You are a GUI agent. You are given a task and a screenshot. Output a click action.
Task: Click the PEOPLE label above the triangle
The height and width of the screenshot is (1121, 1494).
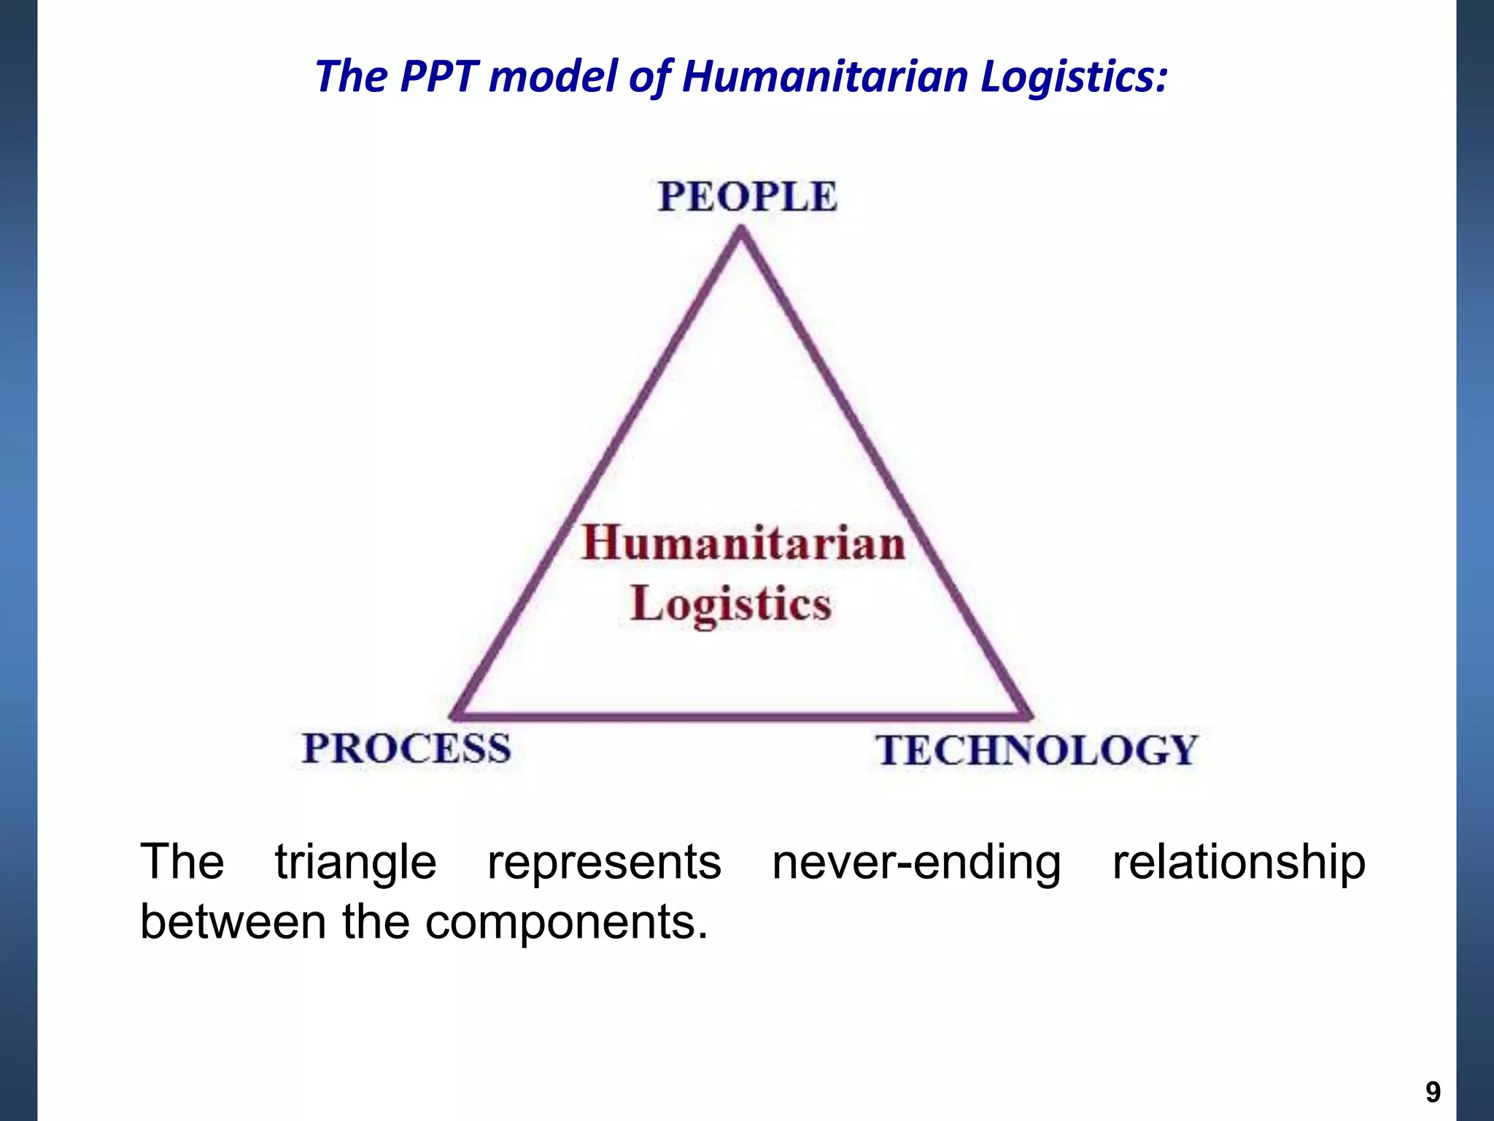[748, 196]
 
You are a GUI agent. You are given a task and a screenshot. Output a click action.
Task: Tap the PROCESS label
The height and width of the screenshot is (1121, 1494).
[407, 749]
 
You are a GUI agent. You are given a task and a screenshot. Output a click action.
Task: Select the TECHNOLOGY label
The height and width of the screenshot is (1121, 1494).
[1037, 750]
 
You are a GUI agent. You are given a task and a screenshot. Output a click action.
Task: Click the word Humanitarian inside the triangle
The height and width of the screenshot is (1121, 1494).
[743, 544]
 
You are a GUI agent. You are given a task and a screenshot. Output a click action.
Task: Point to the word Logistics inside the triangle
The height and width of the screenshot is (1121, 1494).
[731, 604]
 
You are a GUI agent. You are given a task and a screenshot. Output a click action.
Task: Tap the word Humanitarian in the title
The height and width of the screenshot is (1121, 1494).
[824, 76]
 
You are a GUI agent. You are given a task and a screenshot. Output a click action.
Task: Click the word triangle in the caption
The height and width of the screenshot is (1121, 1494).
[355, 863]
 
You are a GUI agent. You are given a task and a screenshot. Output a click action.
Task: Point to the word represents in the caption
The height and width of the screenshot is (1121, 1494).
[604, 863]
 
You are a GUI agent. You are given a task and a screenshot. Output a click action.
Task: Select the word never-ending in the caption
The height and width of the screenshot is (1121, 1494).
[916, 863]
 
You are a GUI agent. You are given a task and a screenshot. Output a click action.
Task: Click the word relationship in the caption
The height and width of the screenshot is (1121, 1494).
[1239, 863]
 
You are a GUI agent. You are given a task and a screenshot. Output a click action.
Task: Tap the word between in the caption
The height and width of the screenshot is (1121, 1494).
[233, 921]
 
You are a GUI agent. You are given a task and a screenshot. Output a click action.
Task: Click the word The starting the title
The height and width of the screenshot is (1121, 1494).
[351, 76]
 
